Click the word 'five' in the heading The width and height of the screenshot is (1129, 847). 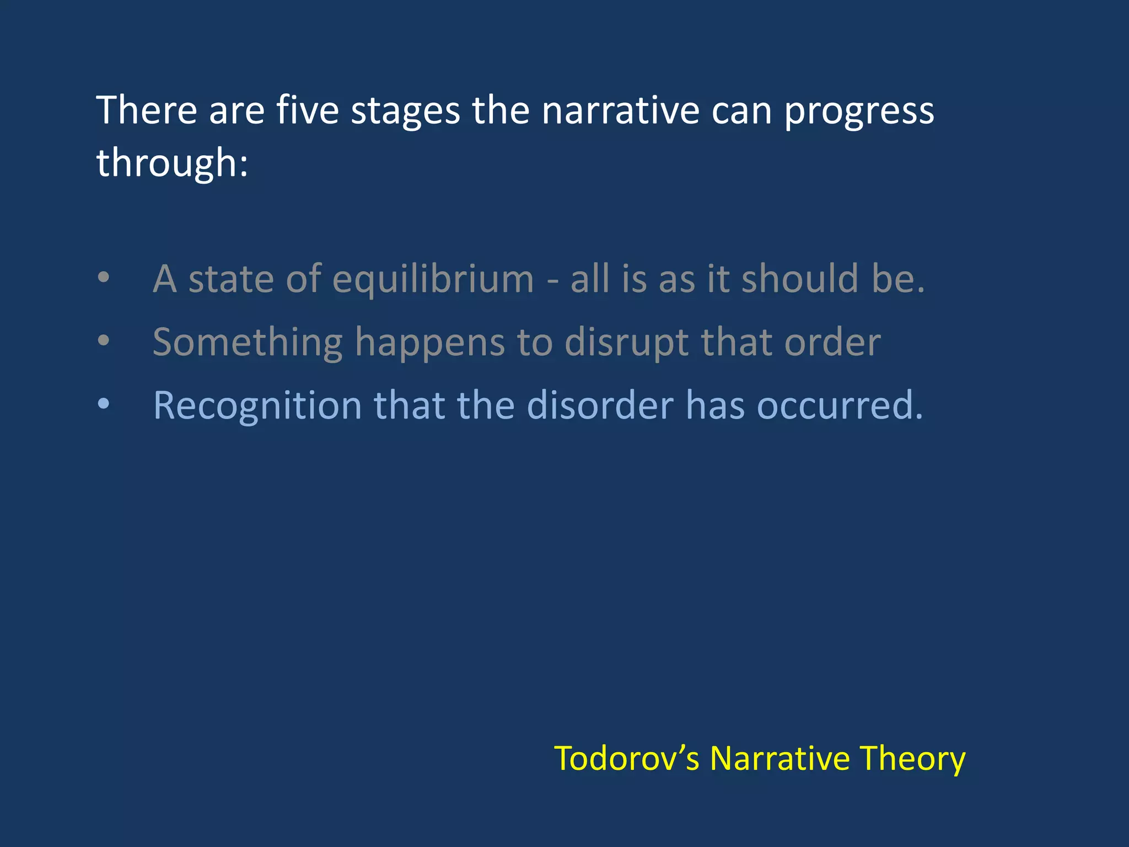307,110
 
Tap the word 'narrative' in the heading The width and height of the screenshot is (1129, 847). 620,110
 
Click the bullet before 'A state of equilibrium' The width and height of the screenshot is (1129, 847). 104,277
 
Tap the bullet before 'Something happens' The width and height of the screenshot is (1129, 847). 104,341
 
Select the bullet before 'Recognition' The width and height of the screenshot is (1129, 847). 104,404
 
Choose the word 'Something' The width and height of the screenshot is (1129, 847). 248,343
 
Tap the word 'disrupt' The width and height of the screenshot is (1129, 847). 627,343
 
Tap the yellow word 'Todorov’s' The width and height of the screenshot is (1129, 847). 627,758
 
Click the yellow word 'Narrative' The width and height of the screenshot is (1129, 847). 780,758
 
